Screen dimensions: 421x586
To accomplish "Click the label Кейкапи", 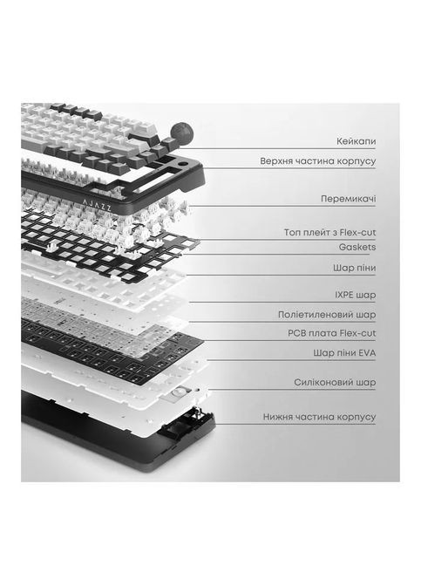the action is [x=356, y=141].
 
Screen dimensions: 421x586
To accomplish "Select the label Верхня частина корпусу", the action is [x=318, y=161].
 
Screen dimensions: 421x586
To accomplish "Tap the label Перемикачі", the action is [x=348, y=199].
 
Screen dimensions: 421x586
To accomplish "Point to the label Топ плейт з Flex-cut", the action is [x=329, y=233].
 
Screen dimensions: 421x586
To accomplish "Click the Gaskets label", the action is [x=357, y=247].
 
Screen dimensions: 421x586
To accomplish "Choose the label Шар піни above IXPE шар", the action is [x=355, y=268].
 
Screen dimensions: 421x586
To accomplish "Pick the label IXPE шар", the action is [x=356, y=295].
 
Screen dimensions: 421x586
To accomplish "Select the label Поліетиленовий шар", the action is [x=327, y=315].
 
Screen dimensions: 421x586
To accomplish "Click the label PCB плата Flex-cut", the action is [x=332, y=333].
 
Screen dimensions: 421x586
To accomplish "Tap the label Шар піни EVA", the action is [x=344, y=353].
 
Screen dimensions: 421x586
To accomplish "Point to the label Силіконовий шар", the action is [x=335, y=383].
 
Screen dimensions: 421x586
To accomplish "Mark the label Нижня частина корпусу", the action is [x=319, y=417].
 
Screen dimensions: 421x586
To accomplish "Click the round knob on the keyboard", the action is [x=182, y=132].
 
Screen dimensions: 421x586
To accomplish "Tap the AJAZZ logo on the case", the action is [x=97, y=205].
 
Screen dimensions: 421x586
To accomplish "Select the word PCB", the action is [x=296, y=333].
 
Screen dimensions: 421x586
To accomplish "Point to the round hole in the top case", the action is [x=183, y=164].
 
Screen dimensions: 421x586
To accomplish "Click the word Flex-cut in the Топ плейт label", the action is [x=357, y=233].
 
